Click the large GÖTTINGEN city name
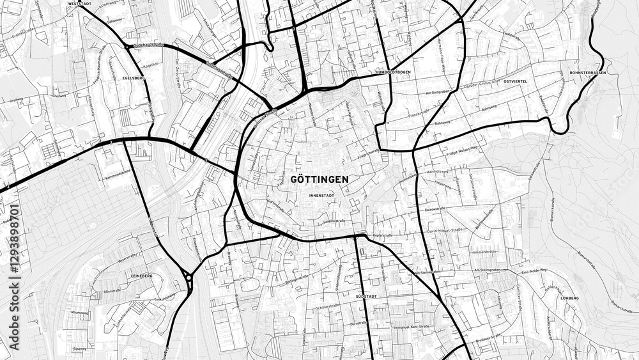click(319, 179)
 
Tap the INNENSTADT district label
click(321, 194)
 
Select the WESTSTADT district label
click(77, 4)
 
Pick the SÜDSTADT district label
click(367, 297)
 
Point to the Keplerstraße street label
click(382, 235)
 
